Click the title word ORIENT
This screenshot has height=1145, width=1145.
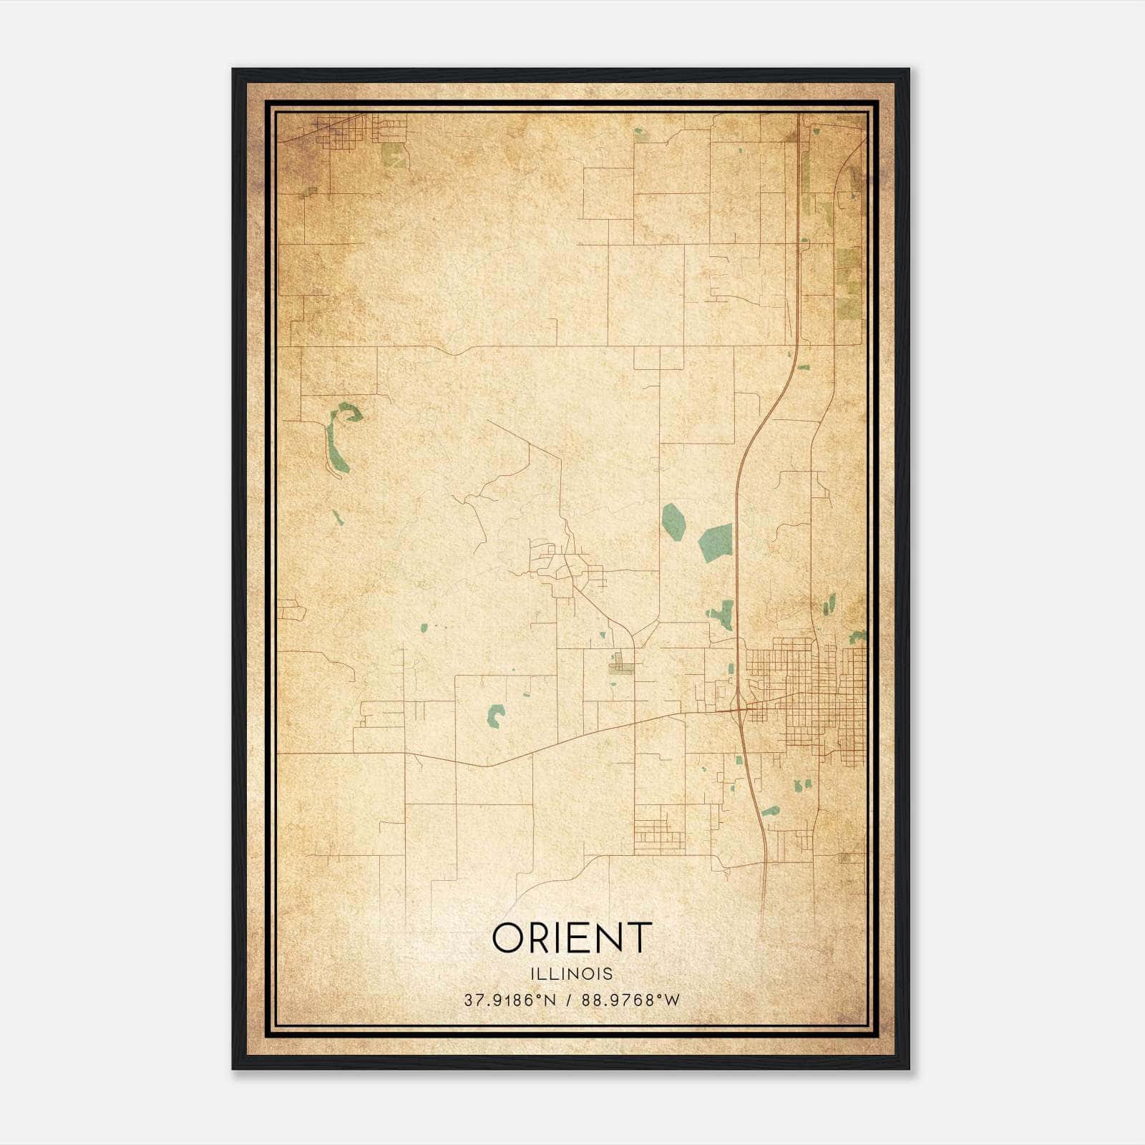pos(572,937)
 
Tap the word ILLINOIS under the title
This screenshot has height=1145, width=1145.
pos(572,974)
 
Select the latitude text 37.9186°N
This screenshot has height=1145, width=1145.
pos(510,1000)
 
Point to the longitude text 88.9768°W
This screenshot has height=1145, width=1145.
pos(630,1000)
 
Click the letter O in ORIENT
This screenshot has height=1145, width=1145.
pos(509,937)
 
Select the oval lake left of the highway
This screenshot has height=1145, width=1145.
pos(673,520)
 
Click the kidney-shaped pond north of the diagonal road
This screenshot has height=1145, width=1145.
pos(495,715)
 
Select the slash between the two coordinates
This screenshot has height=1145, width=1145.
pos(569,1000)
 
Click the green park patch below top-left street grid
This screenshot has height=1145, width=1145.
pos(393,155)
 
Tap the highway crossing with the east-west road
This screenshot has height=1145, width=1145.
pos(739,709)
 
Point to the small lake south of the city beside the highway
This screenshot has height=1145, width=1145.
pos(771,812)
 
